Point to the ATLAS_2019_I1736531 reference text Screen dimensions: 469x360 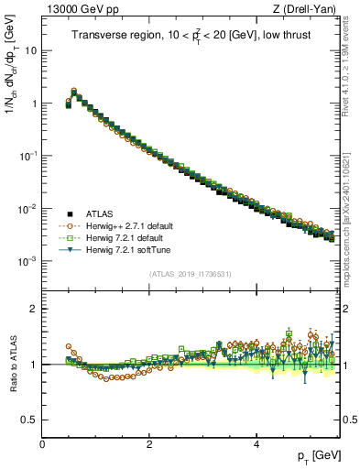(x=190, y=274)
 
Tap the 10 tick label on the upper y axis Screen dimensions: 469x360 (x=30, y=50)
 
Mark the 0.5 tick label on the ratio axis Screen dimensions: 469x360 (x=28, y=420)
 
